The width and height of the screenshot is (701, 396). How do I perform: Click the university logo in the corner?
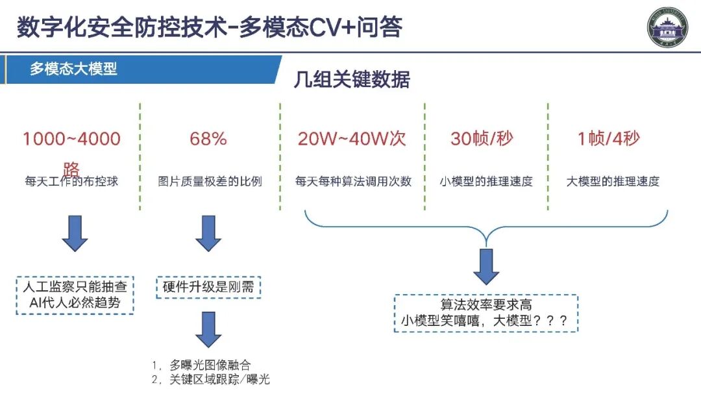point(669,28)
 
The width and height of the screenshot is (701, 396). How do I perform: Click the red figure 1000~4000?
point(71,139)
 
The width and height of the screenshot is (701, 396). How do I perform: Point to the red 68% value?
point(208,139)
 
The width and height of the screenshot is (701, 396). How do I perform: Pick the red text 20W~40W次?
point(352,139)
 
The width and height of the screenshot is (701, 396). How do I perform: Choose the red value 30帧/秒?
point(482,139)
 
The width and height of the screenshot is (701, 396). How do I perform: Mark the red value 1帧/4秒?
point(609,139)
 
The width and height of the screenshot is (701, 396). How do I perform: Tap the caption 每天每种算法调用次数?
point(353,181)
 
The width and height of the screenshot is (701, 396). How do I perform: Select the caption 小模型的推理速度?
point(486,181)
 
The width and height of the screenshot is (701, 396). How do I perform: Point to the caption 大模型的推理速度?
point(613,181)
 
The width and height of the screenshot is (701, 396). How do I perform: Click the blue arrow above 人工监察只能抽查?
point(75,234)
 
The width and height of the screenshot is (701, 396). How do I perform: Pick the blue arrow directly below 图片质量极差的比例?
point(208,234)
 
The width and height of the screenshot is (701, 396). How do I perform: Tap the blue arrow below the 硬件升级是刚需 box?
point(208,329)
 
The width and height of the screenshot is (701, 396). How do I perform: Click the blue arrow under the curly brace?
point(486,266)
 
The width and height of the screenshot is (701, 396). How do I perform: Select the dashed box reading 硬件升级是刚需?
point(208,287)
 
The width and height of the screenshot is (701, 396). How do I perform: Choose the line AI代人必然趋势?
point(75,303)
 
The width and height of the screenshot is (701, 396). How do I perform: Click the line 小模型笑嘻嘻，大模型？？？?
point(486,321)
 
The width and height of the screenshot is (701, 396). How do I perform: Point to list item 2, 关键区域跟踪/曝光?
point(211,380)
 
